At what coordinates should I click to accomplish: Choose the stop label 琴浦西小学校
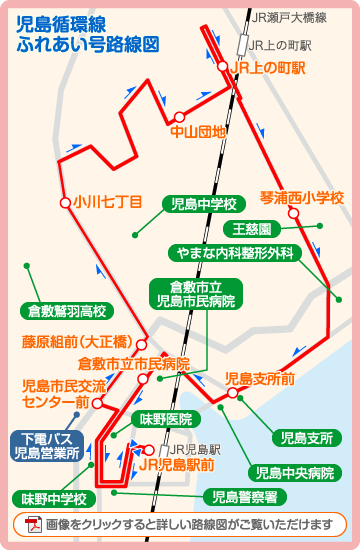click(301, 197)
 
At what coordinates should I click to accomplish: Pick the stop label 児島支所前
click(260, 378)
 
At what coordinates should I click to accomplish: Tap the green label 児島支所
click(308, 437)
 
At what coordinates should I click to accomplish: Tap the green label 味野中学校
click(54, 498)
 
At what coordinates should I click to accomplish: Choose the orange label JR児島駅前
click(176, 465)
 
